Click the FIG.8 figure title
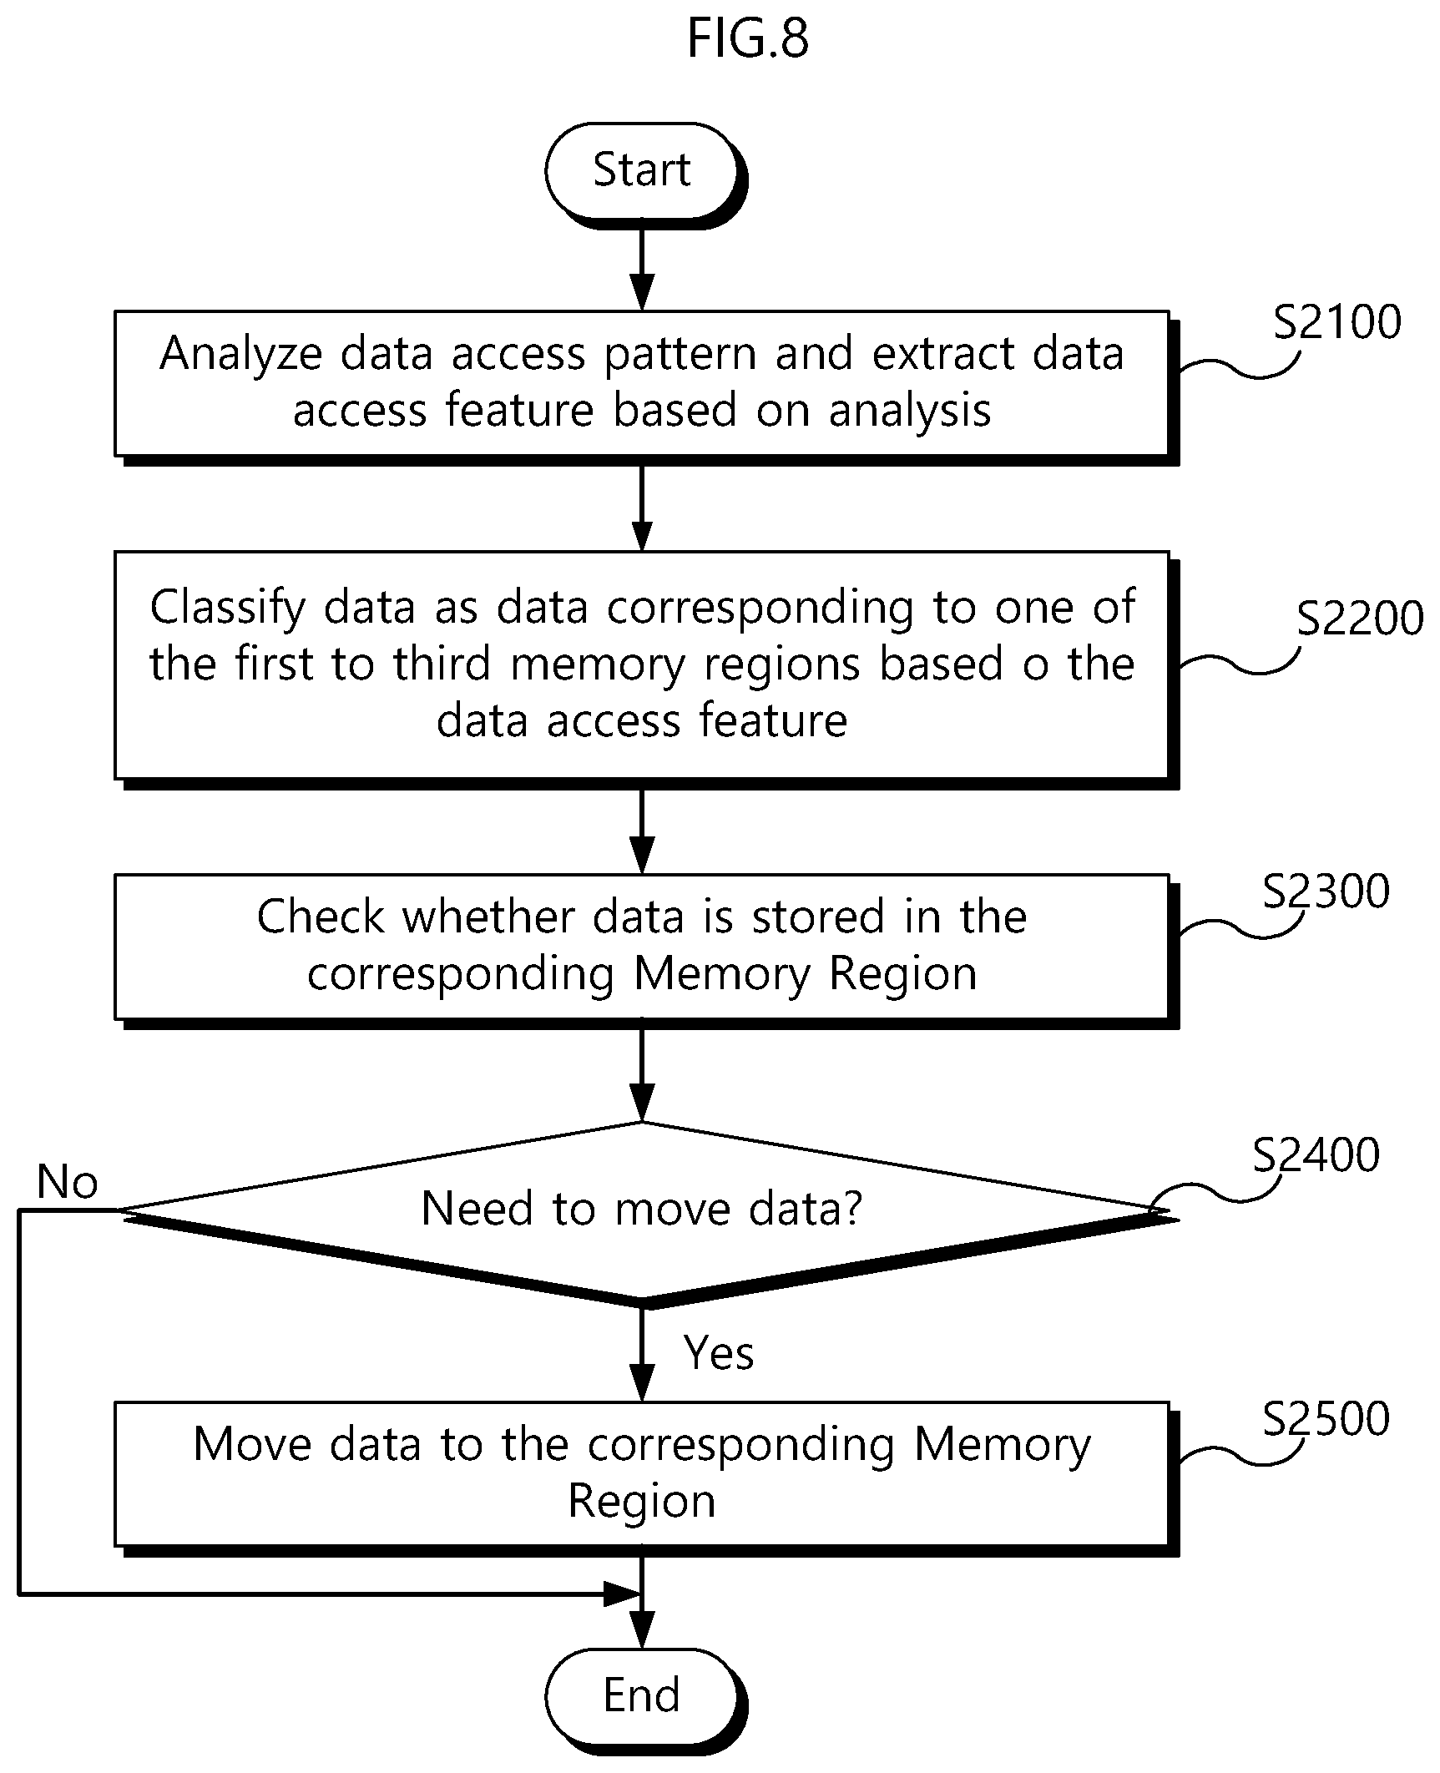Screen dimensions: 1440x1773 pos(747,38)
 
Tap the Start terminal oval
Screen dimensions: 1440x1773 pos(642,171)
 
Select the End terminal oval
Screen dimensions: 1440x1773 pos(642,1696)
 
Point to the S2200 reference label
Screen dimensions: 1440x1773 pos(1360,619)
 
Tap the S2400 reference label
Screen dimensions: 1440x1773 pos(1316,1155)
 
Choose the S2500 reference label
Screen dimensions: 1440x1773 pos(1326,1418)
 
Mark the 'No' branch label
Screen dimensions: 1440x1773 pos(68,1182)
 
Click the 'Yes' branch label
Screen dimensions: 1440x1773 pos(719,1353)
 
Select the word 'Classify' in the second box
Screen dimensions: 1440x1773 pos(227,608)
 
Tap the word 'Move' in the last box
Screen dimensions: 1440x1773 pos(252,1444)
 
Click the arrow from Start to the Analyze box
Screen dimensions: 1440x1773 pos(642,265)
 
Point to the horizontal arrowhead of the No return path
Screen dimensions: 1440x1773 pos(622,1594)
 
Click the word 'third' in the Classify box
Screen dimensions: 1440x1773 pos(442,664)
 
